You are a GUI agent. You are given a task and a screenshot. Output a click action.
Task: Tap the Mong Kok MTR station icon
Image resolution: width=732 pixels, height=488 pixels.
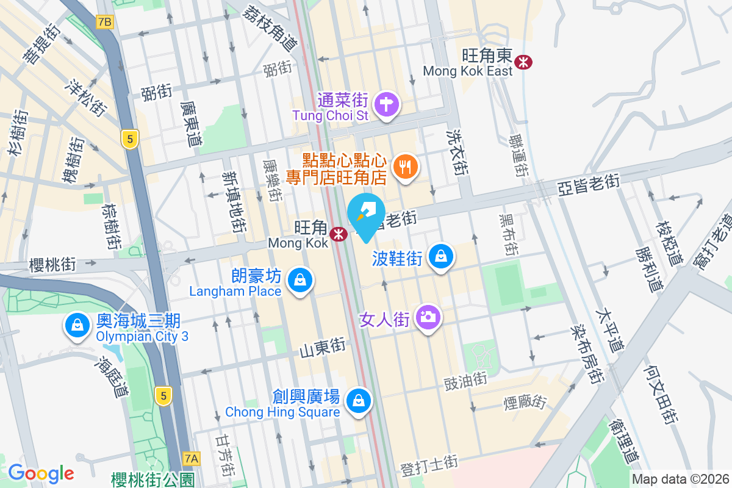[337, 234]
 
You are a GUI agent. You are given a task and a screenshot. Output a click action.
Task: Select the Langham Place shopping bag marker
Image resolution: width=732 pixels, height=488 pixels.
[300, 281]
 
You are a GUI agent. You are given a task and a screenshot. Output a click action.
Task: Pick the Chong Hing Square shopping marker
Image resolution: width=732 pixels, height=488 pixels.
[359, 401]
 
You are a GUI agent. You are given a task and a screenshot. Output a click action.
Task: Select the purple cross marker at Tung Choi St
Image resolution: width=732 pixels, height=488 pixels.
[386, 104]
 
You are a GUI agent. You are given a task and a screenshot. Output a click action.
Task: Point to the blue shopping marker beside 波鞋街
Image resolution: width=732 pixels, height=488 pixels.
[441, 257]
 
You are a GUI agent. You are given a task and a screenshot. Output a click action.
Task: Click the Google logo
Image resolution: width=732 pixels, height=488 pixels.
[41, 473]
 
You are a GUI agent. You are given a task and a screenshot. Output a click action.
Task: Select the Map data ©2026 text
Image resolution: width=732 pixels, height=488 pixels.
[680, 479]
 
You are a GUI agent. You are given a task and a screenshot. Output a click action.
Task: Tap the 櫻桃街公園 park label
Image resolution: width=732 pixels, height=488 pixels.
[153, 479]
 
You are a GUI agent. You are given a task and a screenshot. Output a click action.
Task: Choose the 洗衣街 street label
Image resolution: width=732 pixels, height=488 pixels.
[457, 152]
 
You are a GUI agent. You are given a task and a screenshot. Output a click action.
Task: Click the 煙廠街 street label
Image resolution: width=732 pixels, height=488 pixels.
[525, 401]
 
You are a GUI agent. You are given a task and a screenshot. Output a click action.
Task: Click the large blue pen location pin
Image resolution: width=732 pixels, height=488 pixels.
[365, 213]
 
